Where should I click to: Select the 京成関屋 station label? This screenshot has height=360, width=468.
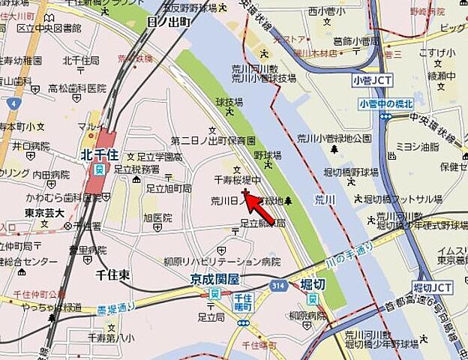pyautogui.click(x=214, y=279)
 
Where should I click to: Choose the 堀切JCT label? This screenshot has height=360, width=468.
pyautogui.click(x=433, y=288)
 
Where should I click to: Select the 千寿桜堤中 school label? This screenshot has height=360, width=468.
pyautogui.click(x=238, y=181)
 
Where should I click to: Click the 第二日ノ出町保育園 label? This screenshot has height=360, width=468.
pyautogui.click(x=213, y=140)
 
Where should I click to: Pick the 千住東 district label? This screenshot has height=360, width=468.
pyautogui.click(x=112, y=275)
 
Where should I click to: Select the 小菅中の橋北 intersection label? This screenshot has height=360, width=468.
pyautogui.click(x=386, y=103)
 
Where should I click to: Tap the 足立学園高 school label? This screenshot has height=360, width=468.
pyautogui.click(x=159, y=157)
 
